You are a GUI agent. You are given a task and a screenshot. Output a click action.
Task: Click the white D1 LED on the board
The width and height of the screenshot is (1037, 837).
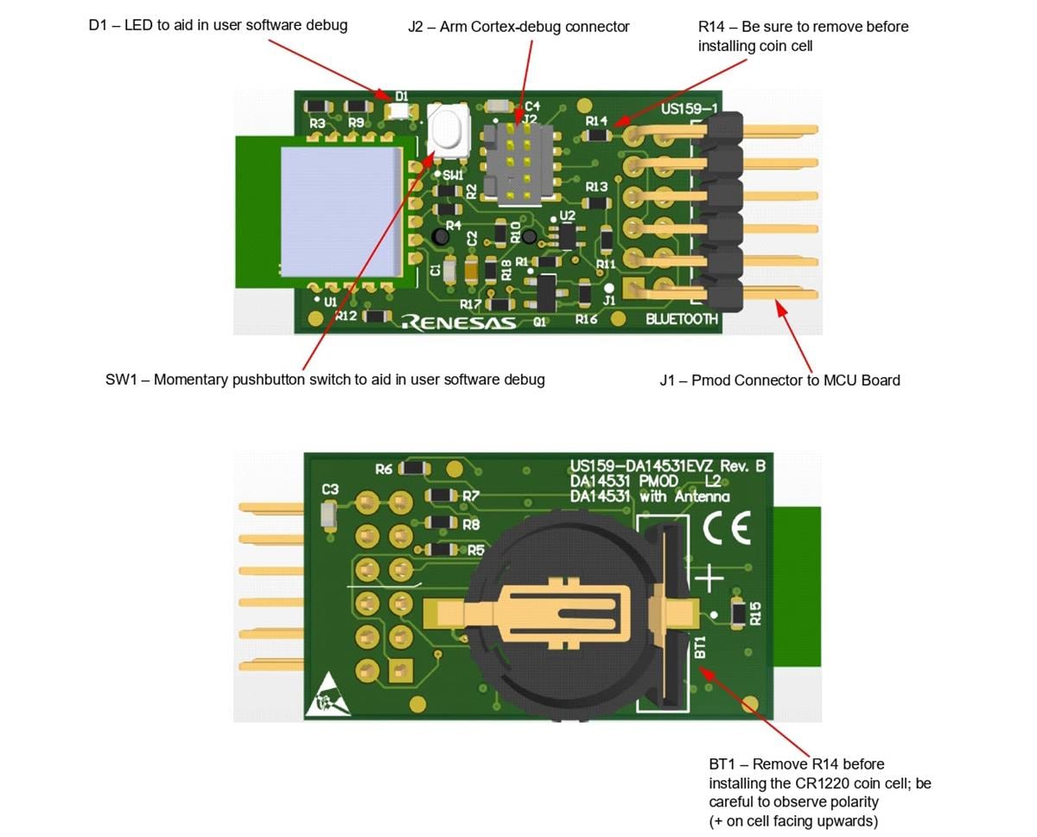pos(398,111)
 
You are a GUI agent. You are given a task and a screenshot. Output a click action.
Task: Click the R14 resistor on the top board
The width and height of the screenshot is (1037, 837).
pos(597,135)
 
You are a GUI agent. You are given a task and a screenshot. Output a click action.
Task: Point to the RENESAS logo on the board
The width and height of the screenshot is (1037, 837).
pos(459,323)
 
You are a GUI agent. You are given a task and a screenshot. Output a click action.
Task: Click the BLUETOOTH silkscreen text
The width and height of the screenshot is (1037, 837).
pos(682,319)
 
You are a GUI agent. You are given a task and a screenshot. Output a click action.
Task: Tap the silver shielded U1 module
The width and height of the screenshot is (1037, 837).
pos(340,211)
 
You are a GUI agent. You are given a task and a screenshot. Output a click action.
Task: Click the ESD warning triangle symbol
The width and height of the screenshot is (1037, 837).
pos(328,696)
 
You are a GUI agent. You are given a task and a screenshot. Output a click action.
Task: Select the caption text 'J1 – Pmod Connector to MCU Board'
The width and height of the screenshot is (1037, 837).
pos(779,380)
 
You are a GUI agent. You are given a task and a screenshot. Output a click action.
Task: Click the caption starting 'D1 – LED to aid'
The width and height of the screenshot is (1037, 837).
pos(218,25)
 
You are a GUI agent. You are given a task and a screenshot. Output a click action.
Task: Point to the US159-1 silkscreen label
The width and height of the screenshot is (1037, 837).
pos(689,110)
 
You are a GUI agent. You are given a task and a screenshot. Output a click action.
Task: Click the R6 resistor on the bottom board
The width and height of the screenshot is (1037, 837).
pos(416,468)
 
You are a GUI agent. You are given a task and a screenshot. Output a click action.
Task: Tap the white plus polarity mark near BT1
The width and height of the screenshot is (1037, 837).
pos(709,577)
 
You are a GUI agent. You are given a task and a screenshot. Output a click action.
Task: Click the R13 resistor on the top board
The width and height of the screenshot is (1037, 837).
pos(596,202)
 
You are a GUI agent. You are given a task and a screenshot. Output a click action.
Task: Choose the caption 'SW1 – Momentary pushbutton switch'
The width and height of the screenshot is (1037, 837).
pos(325,380)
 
